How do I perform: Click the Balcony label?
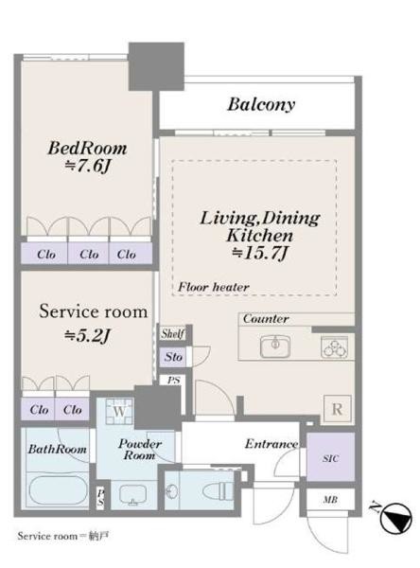click(261, 105)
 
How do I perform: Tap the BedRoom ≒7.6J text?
click(87, 157)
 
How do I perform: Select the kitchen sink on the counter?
click(275, 346)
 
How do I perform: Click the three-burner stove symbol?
click(334, 347)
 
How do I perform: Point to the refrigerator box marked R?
click(337, 409)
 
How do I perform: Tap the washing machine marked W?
click(119, 411)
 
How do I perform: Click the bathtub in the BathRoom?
click(58, 490)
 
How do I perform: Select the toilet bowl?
click(216, 491)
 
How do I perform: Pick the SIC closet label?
click(330, 458)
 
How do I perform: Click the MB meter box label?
click(330, 500)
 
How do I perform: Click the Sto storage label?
click(173, 357)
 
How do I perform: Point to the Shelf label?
click(173, 333)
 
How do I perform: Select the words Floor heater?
click(213, 287)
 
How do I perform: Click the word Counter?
click(266, 319)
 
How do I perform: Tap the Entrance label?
click(271, 444)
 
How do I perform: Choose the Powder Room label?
click(140, 449)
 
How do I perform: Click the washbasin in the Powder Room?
click(133, 494)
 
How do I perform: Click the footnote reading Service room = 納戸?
click(63, 536)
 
